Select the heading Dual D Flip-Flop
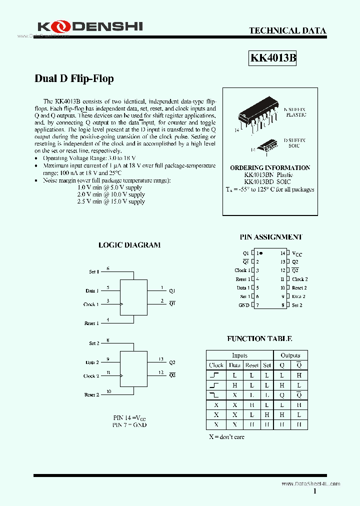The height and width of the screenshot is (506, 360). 74,79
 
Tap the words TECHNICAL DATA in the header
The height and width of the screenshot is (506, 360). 287,30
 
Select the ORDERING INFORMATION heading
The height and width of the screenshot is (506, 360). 270,168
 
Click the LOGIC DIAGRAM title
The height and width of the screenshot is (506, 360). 129,245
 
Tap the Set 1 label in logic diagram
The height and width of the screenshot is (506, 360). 94,271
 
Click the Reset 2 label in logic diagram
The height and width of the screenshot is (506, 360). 91,395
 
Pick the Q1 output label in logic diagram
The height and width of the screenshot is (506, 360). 172,290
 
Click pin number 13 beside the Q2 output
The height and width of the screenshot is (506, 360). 161,359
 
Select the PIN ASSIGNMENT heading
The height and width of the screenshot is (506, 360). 271,237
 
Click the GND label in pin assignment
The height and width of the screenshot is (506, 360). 243,305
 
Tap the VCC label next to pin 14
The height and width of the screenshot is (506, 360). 297,254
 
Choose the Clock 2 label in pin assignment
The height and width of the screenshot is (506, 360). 299,279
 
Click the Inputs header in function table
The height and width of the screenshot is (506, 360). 239,355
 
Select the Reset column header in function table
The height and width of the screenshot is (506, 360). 252,365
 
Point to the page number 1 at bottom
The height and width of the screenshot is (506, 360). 315,491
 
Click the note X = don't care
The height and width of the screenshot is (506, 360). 226,437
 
